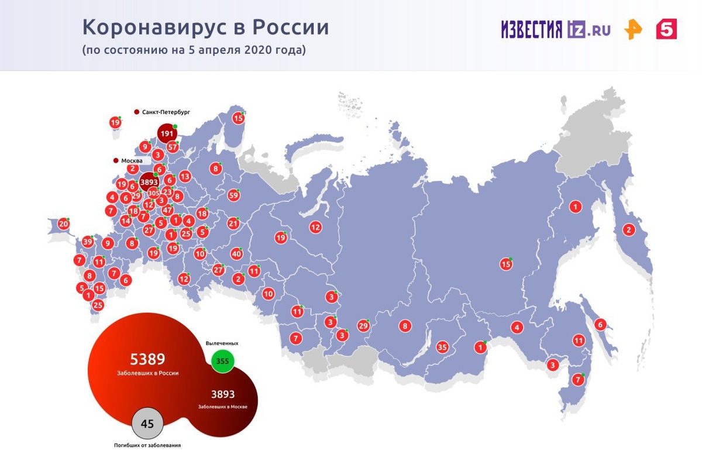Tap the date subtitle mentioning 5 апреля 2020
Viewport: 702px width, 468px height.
tap(194, 50)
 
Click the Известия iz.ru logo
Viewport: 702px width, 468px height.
tap(555, 29)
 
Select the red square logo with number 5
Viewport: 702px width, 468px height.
tap(666, 29)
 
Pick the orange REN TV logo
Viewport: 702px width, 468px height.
tap(633, 29)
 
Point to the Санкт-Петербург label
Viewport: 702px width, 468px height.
tap(166, 111)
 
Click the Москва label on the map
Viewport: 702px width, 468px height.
tap(132, 160)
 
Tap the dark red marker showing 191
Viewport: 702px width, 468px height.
tap(167, 134)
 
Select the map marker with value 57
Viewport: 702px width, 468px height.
tap(173, 147)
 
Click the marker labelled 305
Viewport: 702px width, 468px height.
tap(153, 193)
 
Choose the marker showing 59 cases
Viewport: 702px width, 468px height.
tap(234, 195)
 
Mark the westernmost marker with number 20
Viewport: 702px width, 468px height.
tap(63, 223)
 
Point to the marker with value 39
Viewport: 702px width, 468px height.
tap(88, 242)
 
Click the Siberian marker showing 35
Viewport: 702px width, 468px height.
tap(442, 347)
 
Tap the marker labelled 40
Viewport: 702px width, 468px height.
tap(236, 254)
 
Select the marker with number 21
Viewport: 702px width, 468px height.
tap(233, 223)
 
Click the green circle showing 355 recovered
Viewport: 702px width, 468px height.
tap(222, 361)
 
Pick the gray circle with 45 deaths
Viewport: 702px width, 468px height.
tap(147, 424)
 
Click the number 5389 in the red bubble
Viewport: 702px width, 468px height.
tap(147, 359)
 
